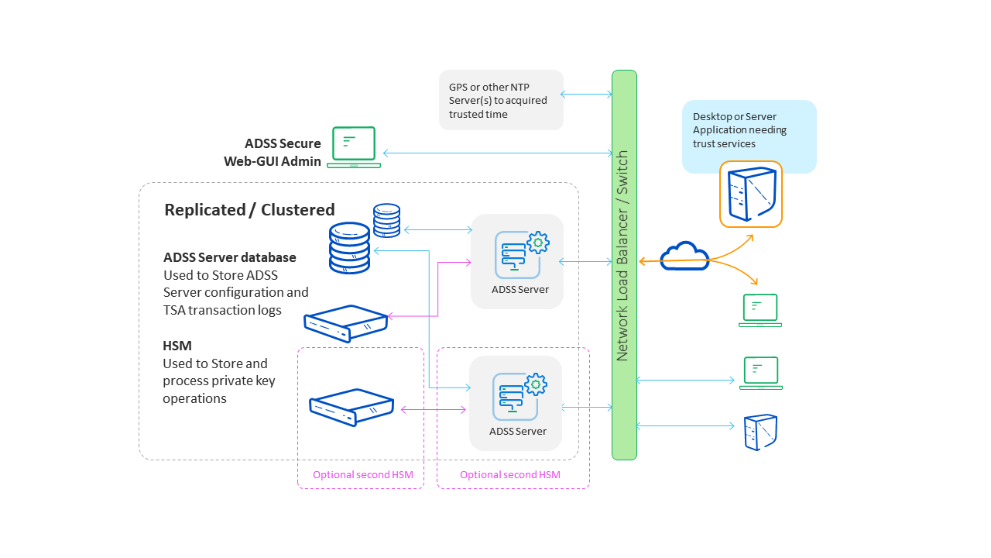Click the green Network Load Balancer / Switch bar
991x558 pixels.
[624, 263]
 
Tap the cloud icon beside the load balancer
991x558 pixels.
[684, 257]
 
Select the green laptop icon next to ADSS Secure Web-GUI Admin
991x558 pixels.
[354, 147]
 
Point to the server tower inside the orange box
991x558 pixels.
[750, 194]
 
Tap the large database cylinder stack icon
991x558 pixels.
[349, 248]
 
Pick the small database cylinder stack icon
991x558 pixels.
[386, 220]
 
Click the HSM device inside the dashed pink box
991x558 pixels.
[351, 406]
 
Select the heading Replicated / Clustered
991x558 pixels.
[249, 210]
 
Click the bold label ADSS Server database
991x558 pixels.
[230, 257]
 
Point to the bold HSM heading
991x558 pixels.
[177, 346]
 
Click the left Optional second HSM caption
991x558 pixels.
[362, 475]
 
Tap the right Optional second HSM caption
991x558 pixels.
[509, 475]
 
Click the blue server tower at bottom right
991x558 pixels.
[760, 432]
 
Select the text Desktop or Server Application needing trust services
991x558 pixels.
[739, 130]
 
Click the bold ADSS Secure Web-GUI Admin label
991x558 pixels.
[273, 153]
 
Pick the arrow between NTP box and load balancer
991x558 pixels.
[587, 95]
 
